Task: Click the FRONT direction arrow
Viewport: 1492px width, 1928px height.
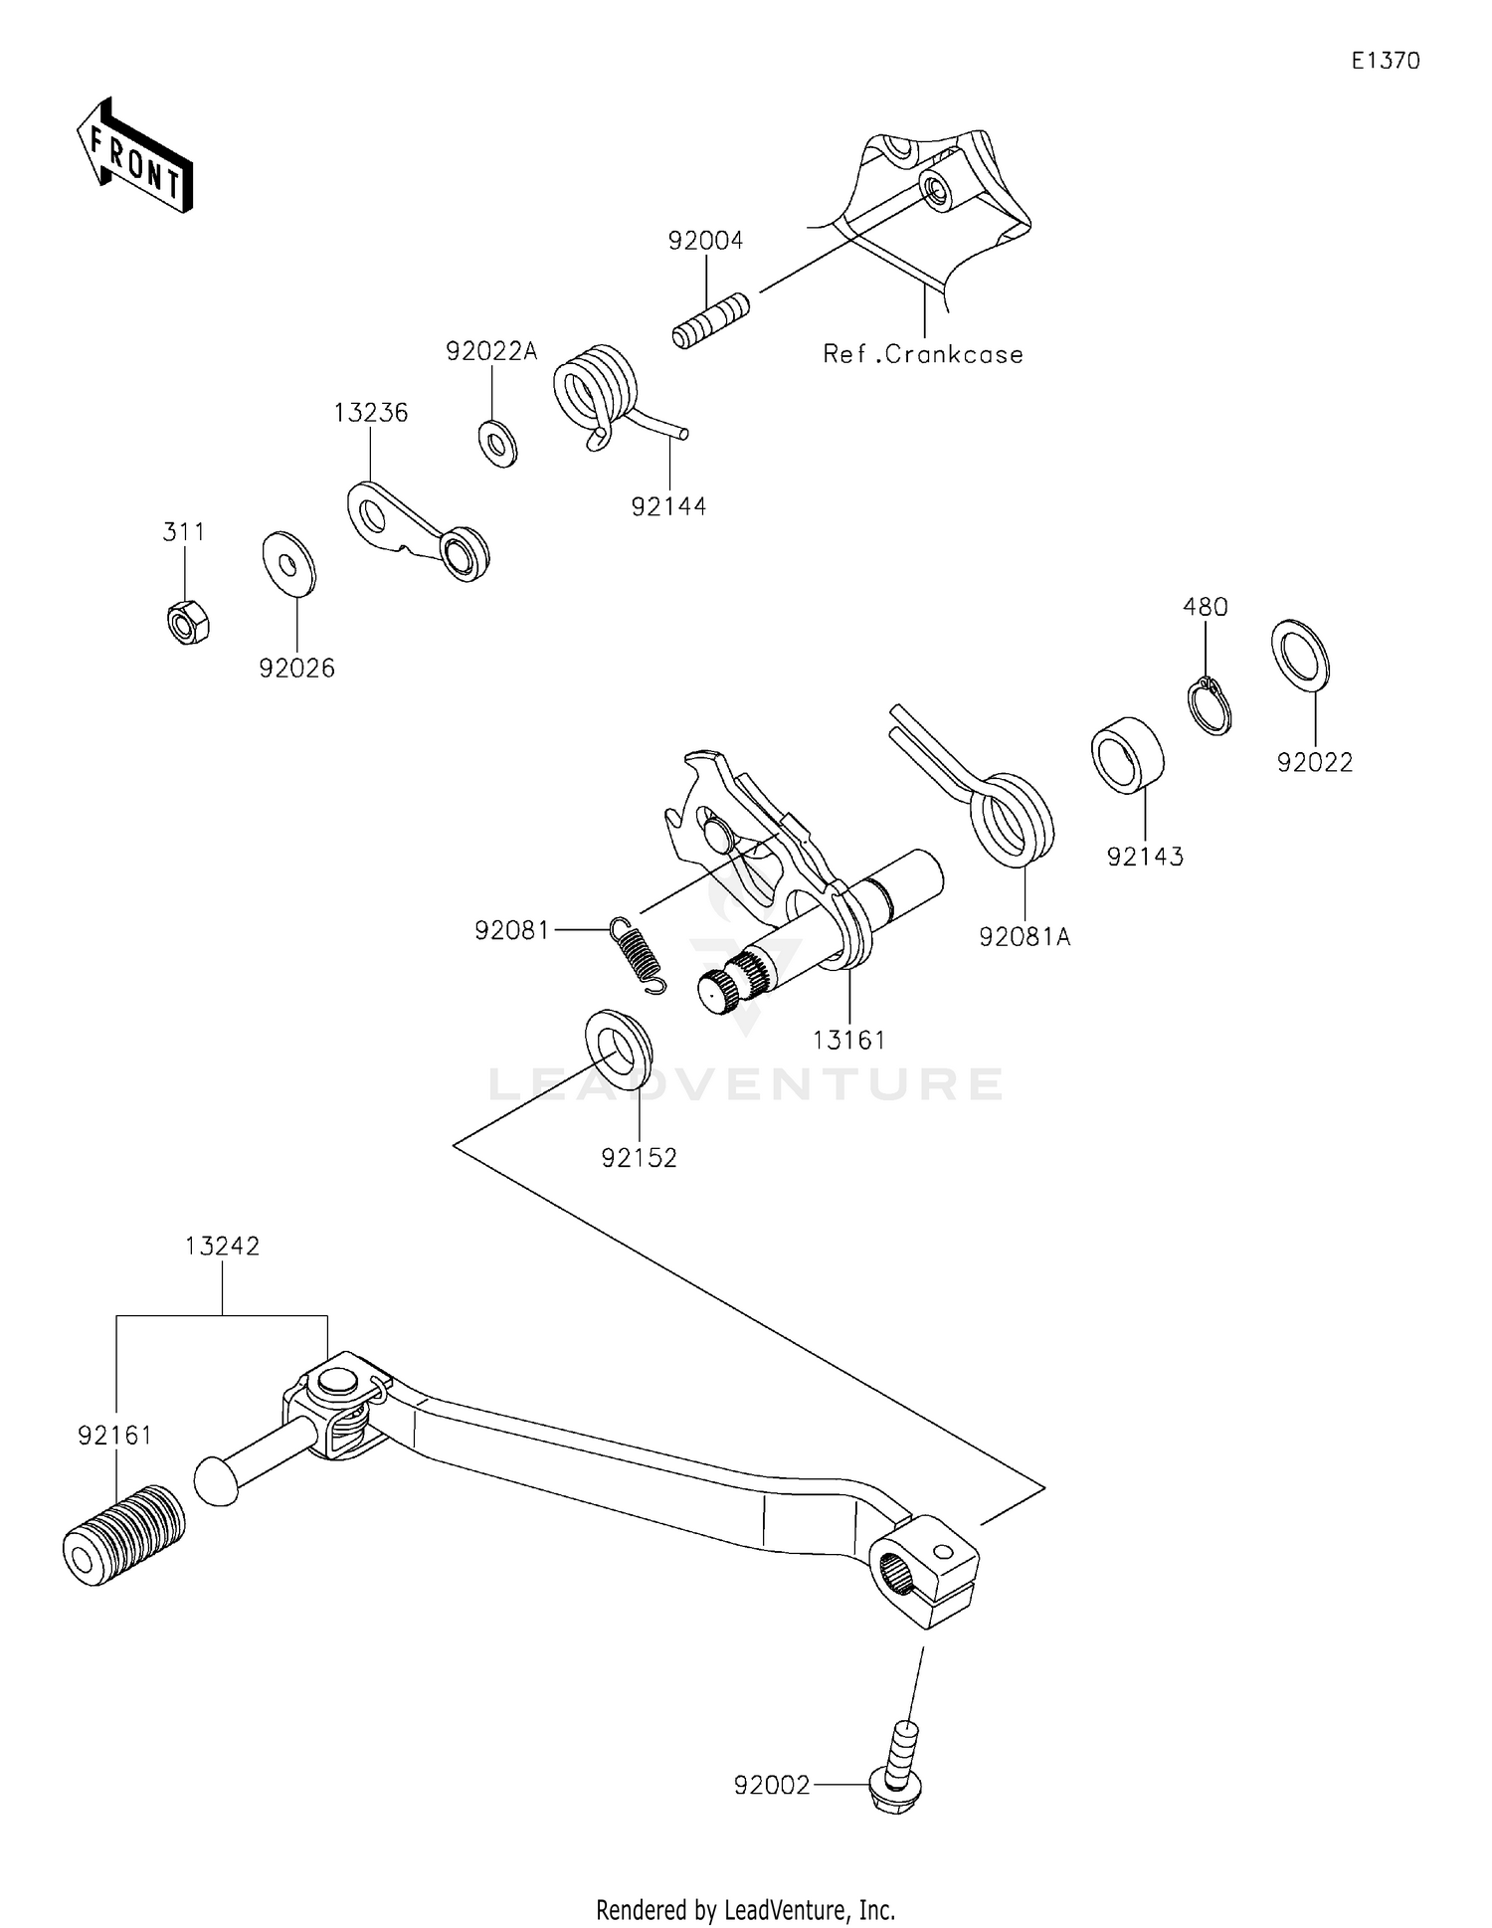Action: (x=134, y=157)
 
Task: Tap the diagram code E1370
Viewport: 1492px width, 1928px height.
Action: (x=1385, y=62)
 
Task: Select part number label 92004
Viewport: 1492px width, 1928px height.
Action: (x=705, y=241)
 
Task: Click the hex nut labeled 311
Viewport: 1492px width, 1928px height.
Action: (x=187, y=624)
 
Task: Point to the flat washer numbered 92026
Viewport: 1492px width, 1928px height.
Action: (x=288, y=564)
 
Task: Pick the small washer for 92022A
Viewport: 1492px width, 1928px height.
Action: (x=497, y=443)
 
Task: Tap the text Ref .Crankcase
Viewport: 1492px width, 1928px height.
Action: (x=922, y=354)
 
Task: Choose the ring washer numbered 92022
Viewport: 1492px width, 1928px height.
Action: (x=1300, y=654)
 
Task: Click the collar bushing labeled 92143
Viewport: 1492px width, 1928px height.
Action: (x=1128, y=754)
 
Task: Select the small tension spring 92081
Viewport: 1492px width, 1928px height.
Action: (x=636, y=954)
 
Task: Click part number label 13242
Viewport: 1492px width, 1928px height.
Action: (x=222, y=1246)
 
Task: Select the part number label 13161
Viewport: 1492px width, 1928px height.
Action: (x=848, y=1040)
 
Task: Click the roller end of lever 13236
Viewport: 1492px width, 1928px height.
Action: (x=464, y=554)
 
